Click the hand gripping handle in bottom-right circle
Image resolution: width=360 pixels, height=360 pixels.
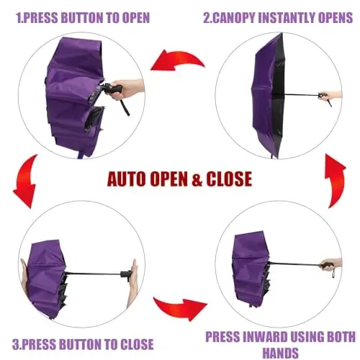[x=332, y=264]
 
